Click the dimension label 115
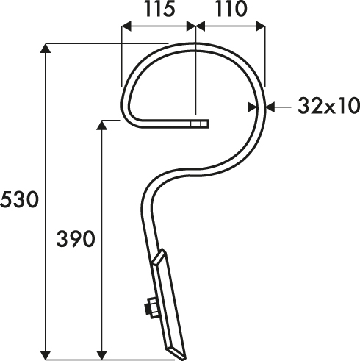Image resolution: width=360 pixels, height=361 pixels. [160, 10]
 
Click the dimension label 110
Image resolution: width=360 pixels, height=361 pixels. [231, 10]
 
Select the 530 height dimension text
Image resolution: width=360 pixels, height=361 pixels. [20, 200]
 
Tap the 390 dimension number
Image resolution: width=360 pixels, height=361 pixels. [76, 239]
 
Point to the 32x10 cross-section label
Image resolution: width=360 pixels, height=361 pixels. [329, 107]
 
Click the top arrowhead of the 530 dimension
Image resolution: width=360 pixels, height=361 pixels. [45, 49]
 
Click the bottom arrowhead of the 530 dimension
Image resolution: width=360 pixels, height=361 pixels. [45, 355]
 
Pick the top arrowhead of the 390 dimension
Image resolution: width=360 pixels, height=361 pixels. [102, 125]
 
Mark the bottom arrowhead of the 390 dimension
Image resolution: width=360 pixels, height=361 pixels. [102, 355]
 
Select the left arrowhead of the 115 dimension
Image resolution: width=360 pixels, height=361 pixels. [126, 26]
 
